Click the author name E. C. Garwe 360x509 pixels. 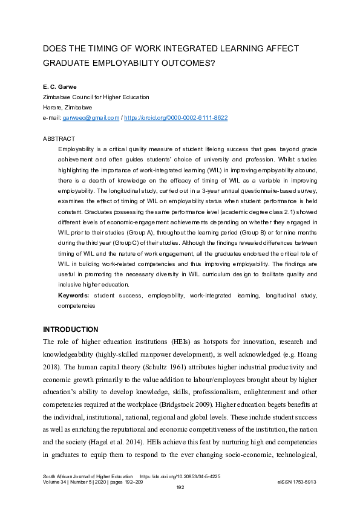click(59, 87)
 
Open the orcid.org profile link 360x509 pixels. click(175, 117)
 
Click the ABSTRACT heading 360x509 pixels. click(59, 138)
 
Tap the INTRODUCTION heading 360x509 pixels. click(70, 329)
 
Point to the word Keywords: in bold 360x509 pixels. click(74, 296)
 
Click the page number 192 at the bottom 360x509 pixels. click(180, 487)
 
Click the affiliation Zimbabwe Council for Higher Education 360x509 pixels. click(96, 97)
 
